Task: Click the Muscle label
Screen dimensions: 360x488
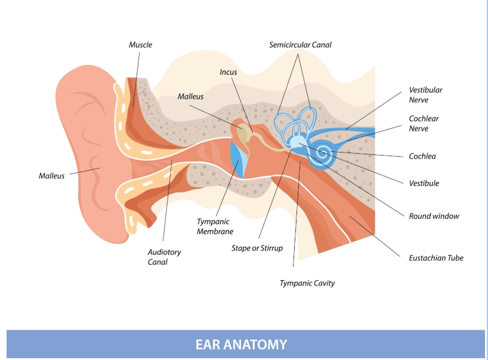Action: pos(140,45)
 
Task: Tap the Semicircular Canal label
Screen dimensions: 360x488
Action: pos(300,45)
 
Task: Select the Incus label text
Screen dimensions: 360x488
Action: pos(228,72)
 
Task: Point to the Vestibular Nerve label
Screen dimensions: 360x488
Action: pos(425,95)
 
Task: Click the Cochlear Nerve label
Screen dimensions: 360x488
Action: pos(424,123)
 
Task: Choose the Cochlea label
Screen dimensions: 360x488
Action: pos(422,156)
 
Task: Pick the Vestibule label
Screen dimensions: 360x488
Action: pos(424,183)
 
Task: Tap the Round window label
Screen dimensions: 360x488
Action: pos(434,216)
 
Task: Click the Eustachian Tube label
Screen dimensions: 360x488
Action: pos(436,257)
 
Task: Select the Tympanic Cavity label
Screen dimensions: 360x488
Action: pos(307,283)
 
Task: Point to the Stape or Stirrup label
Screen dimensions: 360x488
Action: pos(257,248)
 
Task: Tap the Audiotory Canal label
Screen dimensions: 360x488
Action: pos(164,257)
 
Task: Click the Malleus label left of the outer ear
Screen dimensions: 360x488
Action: pos(51,176)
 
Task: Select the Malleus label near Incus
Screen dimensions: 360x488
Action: pos(190,97)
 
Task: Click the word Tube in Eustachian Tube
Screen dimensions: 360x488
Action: pos(454,257)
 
